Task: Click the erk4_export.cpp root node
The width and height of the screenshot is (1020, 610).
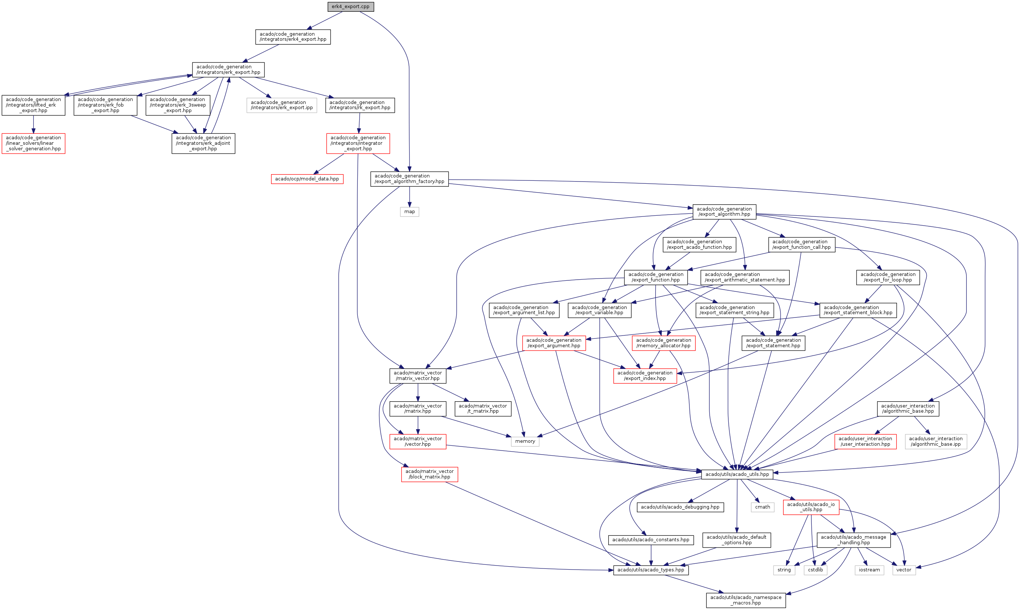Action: tap(350, 7)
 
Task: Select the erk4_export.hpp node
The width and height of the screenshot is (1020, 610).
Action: tap(292, 37)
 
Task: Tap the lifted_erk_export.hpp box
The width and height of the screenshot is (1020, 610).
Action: tap(33, 105)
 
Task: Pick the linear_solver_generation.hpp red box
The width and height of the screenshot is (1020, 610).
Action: tap(33, 143)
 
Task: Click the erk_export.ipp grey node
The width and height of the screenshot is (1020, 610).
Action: tap(281, 105)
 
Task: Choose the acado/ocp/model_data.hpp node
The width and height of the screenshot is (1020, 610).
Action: tap(307, 179)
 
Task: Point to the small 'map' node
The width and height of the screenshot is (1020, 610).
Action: tap(409, 212)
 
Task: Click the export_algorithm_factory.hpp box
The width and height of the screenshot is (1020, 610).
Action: tap(409, 179)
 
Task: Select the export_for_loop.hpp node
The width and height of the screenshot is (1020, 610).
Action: tap(888, 277)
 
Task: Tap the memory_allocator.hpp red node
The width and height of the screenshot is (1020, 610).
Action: tap(663, 343)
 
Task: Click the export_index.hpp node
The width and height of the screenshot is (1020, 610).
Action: tap(645, 376)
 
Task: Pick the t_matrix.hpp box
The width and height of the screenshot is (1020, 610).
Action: tap(483, 409)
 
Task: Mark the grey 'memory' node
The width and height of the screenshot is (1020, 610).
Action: tap(525, 441)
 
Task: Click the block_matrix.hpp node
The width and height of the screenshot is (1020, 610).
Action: tap(429, 474)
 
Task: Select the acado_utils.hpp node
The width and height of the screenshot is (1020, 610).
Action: tap(737, 474)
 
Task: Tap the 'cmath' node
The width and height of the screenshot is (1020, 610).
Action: tap(763, 507)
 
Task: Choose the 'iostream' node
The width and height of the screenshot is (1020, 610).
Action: tap(869, 570)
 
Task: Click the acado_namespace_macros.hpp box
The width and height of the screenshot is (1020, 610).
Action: tap(746, 600)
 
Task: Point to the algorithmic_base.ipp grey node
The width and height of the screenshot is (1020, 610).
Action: tap(936, 441)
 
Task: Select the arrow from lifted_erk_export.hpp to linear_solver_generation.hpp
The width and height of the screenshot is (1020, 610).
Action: tap(33, 125)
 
